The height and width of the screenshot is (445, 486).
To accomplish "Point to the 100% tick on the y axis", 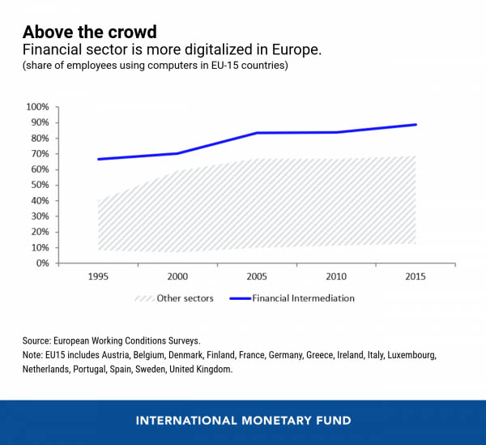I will coord(38,107).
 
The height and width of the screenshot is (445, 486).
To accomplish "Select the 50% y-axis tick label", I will coord(40,185).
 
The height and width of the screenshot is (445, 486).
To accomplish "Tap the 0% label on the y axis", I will coord(42,263).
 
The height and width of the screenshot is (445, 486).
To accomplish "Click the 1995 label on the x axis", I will coord(97,276).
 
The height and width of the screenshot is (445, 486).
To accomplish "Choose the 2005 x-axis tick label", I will coord(257,276).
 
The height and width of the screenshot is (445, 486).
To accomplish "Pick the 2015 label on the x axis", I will coord(416,276).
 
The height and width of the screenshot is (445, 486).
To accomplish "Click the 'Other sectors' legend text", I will coord(185,298).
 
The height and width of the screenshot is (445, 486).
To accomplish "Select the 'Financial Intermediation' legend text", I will coord(304,298).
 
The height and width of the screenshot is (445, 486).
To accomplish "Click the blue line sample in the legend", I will coord(239,298).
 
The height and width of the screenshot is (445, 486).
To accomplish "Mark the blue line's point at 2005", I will coord(257,133).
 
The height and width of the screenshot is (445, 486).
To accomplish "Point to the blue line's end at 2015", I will coord(416,125).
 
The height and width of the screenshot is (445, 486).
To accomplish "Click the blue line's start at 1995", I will coord(98,159).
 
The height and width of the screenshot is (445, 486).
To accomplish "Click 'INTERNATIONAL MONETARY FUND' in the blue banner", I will coord(243,421).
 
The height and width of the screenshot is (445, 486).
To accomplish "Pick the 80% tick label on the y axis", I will coord(40,139).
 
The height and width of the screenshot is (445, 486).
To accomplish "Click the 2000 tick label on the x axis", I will coord(177,276).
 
